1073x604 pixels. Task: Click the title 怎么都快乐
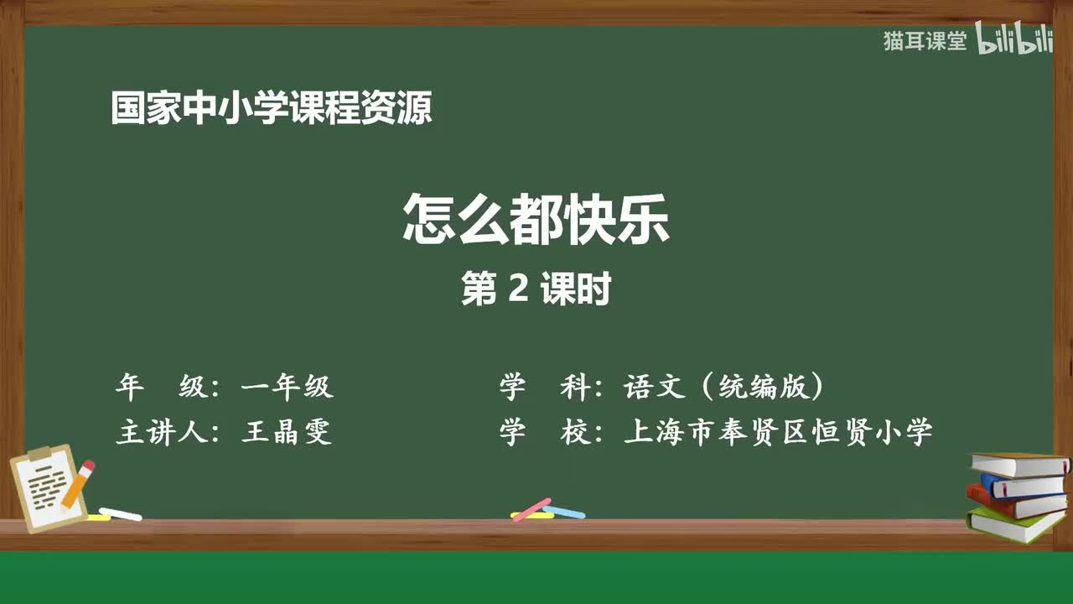pos(536,220)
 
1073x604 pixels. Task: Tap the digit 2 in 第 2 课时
pos(518,289)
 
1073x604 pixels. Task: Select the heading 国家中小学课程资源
pos(272,109)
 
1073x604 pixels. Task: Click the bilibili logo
pos(1013,41)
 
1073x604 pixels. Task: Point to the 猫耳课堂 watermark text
pos(925,41)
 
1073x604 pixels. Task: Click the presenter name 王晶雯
pos(287,432)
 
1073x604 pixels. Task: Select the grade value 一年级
pos(287,387)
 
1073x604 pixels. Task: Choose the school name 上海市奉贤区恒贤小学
pos(777,432)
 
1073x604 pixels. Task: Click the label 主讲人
pos(163,432)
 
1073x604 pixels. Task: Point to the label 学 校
pos(546,432)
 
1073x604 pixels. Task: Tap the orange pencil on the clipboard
pos(78,484)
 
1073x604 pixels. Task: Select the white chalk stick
pos(121,513)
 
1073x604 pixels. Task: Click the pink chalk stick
pos(531,509)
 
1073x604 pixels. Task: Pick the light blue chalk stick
pos(564,511)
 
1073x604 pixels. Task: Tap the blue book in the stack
pos(1023,485)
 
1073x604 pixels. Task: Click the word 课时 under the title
pos(575,289)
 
